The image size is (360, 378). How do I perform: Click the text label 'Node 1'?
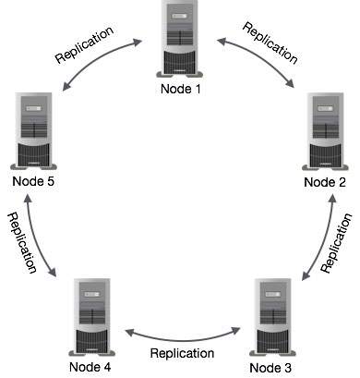(181, 89)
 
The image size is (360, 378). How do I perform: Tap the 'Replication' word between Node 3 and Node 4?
(183, 353)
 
